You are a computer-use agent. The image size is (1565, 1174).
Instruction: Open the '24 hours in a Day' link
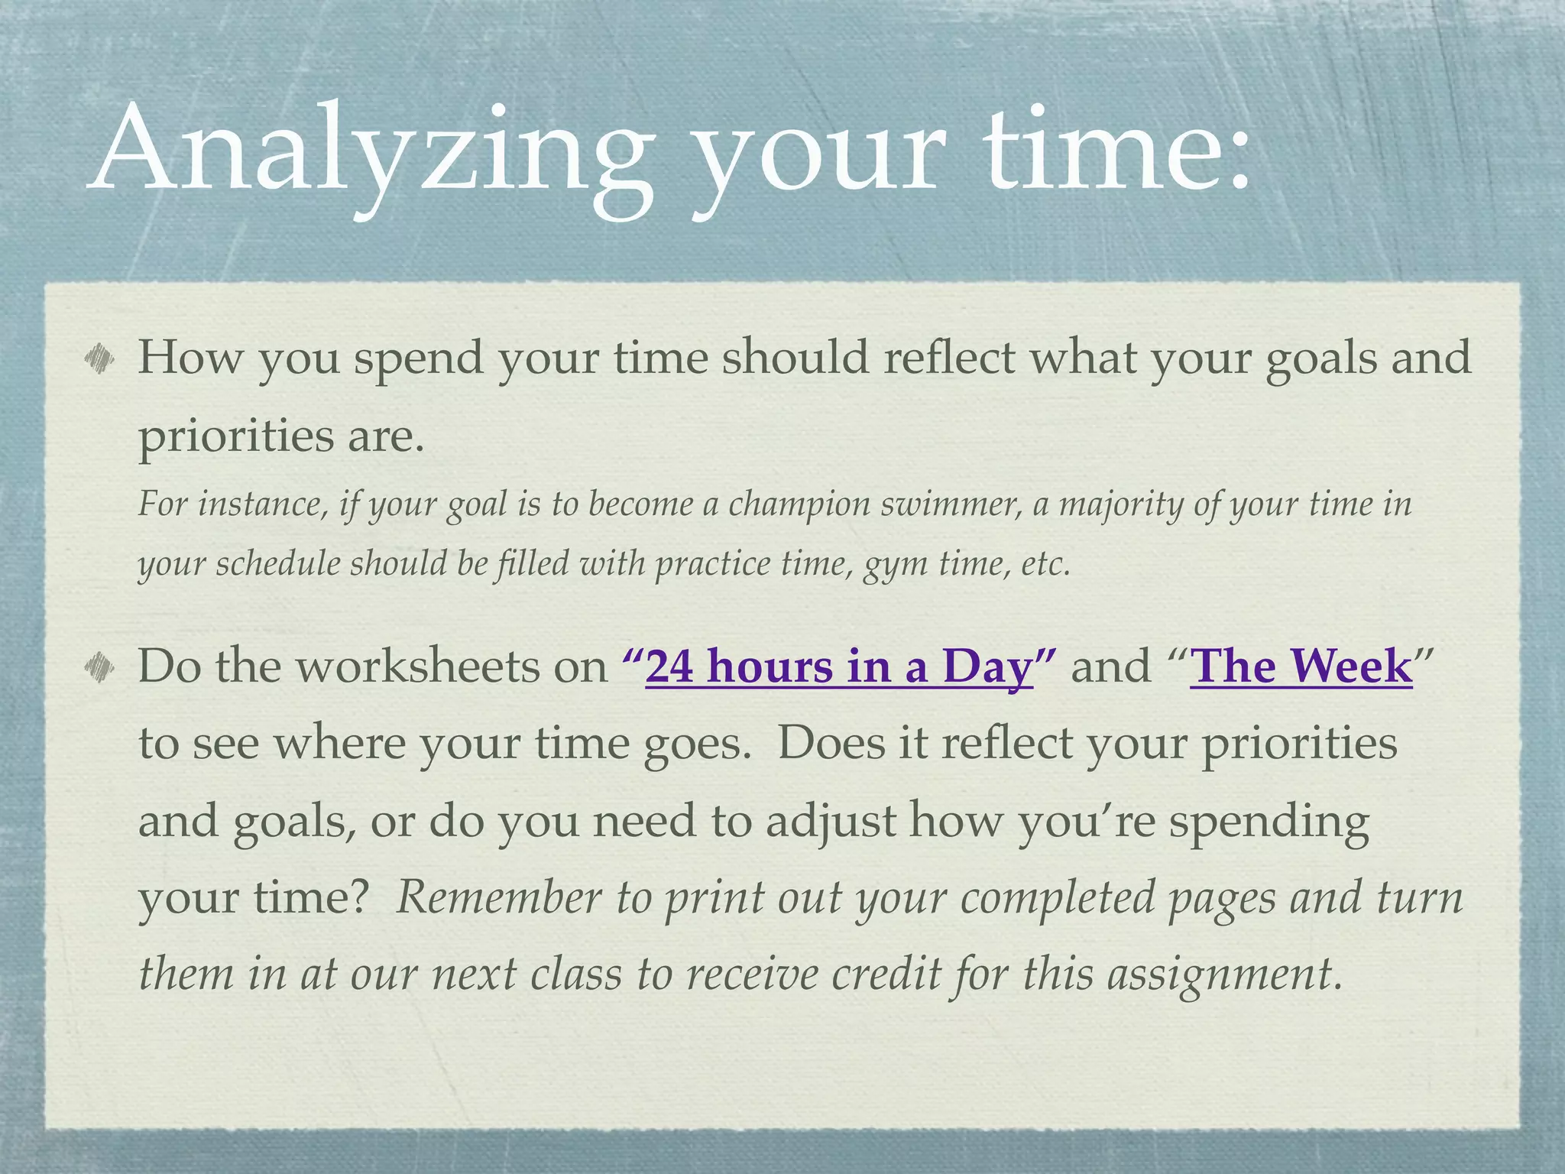pos(838,666)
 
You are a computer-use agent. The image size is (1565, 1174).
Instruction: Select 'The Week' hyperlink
pos(1301,666)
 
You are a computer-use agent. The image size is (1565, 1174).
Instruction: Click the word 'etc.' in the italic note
pos(1045,564)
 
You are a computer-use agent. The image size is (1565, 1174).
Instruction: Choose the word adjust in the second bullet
pos(831,820)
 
